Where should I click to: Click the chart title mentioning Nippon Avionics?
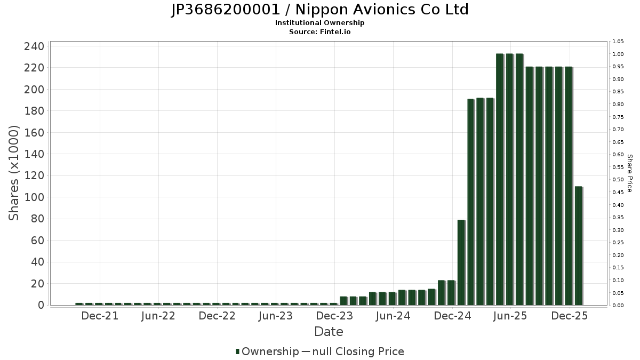(x=319, y=10)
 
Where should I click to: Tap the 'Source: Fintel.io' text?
(x=319, y=31)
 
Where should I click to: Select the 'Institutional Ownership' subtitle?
(x=319, y=23)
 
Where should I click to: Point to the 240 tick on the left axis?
(x=34, y=46)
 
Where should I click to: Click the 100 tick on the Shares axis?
(x=34, y=197)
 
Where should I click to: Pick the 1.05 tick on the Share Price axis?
(x=618, y=42)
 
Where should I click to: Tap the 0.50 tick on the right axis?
(x=618, y=180)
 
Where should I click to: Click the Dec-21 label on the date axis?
(x=100, y=316)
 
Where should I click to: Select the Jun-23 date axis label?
(x=276, y=316)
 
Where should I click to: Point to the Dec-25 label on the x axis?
(x=570, y=316)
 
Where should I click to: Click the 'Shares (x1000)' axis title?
(x=14, y=173)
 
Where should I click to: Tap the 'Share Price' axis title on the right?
(x=629, y=173)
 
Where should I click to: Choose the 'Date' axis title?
(x=329, y=332)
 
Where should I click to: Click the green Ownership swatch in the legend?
(x=237, y=351)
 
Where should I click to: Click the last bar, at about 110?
(x=579, y=245)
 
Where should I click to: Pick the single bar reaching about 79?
(x=461, y=262)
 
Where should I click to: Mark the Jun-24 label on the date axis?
(x=393, y=316)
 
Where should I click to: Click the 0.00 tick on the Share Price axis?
(x=618, y=306)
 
